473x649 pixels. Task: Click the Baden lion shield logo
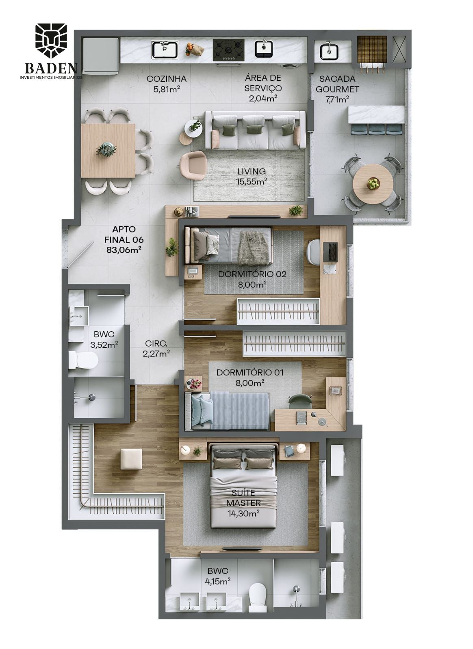(51, 41)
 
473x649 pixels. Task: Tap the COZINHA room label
(167, 78)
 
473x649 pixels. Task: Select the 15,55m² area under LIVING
(252, 182)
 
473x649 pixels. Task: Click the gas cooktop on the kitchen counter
(228, 50)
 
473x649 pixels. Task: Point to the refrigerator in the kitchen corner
(101, 56)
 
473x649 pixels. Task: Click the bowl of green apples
(373, 183)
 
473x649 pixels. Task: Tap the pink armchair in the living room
(193, 166)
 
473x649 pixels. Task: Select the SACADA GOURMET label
(337, 84)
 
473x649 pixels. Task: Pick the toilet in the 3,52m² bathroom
(83, 360)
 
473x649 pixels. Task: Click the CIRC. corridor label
(156, 344)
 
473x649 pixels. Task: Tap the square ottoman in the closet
(131, 459)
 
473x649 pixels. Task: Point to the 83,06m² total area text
(124, 250)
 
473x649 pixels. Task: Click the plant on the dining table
(106, 149)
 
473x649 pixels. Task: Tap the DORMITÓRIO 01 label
(250, 372)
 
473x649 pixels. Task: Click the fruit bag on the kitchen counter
(195, 49)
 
